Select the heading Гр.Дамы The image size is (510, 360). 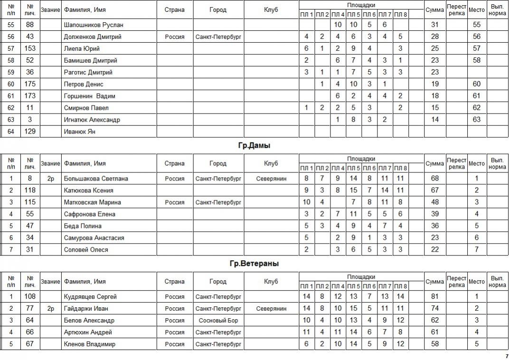tap(254, 146)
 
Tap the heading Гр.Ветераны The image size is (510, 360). tap(254, 264)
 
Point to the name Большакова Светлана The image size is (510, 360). tap(96, 179)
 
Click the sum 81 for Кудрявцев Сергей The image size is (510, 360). tap(434, 297)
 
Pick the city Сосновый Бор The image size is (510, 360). tap(218, 321)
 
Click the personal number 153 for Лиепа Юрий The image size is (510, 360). tap(30, 48)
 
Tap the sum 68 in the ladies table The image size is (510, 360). tap(434, 179)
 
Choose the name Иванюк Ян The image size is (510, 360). tap(79, 132)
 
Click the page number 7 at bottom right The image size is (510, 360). tap(506, 356)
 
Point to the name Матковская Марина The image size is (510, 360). tap(92, 202)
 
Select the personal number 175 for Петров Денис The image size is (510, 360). tap(30, 84)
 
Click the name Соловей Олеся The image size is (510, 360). tap(86, 250)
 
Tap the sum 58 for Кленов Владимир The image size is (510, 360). tap(434, 344)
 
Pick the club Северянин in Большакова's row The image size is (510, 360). tap(271, 179)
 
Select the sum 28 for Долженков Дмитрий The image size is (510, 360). tap(434, 37)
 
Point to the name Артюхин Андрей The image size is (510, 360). tap(88, 332)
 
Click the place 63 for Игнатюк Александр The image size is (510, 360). tap(477, 120)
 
